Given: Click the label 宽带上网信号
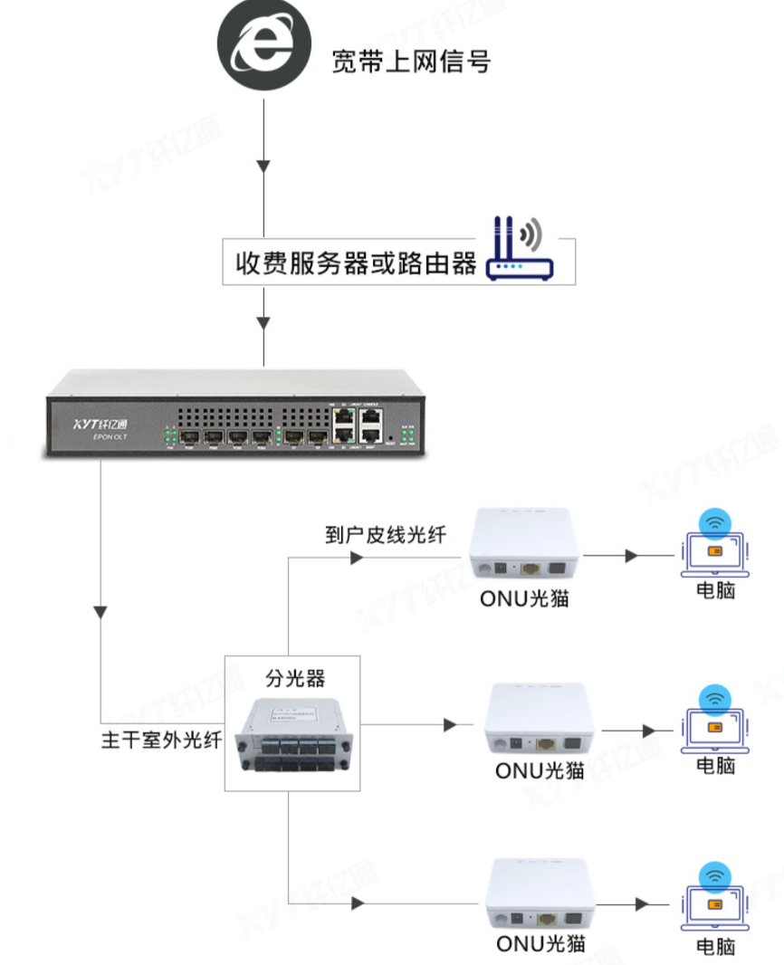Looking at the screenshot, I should click(411, 62).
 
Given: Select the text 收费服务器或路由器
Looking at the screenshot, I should click(356, 263).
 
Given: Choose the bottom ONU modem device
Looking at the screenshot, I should click(540, 895).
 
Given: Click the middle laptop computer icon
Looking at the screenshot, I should click(714, 719).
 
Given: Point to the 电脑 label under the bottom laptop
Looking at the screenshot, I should click(715, 946).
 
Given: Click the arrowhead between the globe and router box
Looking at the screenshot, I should click(263, 167).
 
